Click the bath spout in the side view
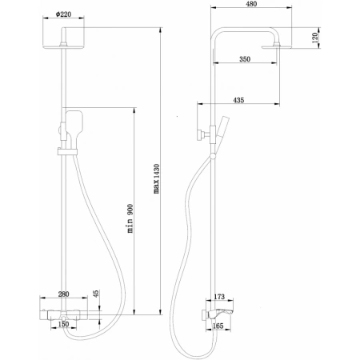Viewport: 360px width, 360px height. [x=227, y=310]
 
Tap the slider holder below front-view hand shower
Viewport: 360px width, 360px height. [x=64, y=150]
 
